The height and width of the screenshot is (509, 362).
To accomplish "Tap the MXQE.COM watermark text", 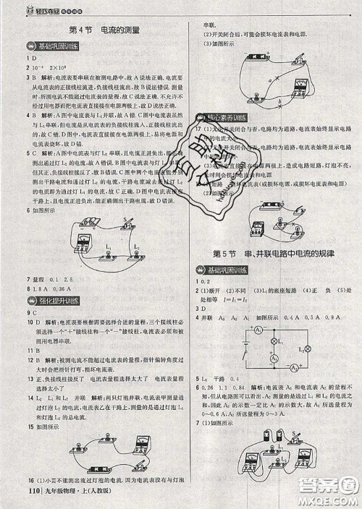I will point(329,500).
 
